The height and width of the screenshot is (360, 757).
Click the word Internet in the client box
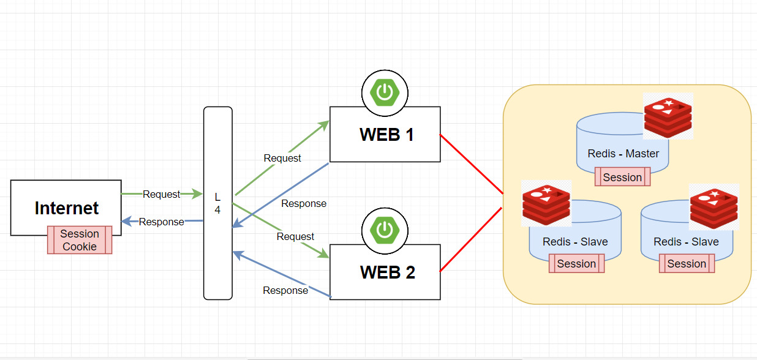point(66,208)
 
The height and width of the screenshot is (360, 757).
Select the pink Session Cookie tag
point(80,240)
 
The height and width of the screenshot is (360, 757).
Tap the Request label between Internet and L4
point(161,194)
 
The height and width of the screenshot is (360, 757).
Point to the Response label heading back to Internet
point(161,222)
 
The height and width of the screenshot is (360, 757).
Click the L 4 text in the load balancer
point(217,203)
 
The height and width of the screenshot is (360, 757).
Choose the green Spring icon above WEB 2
point(385,230)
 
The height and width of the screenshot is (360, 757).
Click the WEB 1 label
point(386,135)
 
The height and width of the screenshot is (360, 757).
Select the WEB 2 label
point(387,272)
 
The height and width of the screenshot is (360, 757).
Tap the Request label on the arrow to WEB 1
point(282,158)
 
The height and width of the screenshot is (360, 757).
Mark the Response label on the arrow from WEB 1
point(304,203)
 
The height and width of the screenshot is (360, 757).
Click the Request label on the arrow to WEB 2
point(295,236)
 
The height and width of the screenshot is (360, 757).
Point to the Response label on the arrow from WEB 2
point(285,290)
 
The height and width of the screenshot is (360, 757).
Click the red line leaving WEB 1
point(472,164)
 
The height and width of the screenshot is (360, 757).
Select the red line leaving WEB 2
point(472,239)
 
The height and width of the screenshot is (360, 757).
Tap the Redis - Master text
point(623,154)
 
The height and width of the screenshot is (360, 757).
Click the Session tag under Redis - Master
point(622,178)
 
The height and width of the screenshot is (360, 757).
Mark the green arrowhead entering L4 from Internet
point(197,194)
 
